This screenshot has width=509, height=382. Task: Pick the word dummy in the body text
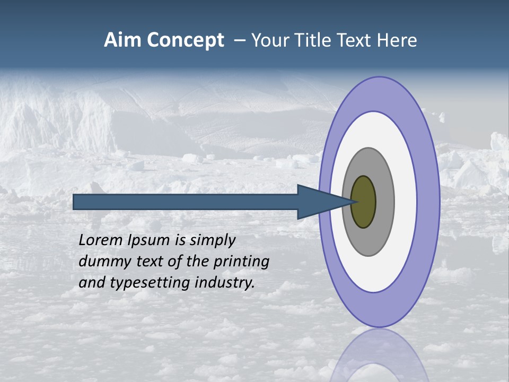102,262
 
